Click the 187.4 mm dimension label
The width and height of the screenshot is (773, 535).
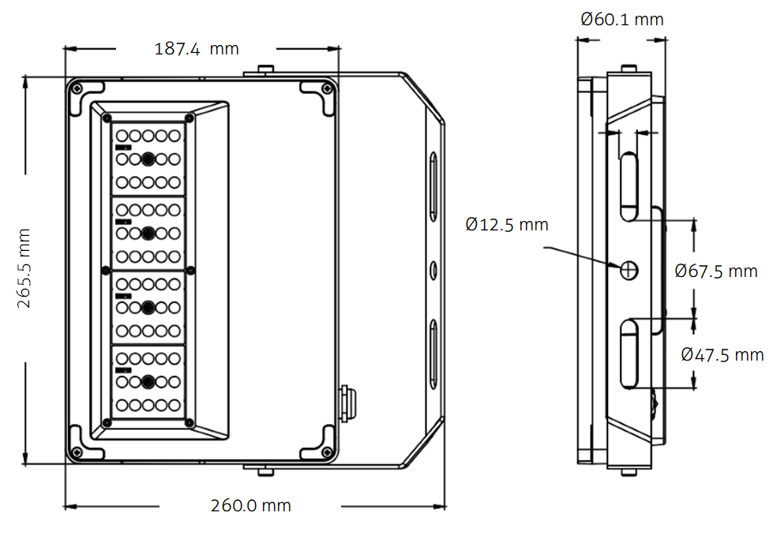pyautogui.click(x=196, y=49)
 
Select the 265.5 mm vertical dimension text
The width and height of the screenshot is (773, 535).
pyautogui.click(x=24, y=268)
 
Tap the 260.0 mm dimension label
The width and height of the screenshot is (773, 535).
pyautogui.click(x=250, y=506)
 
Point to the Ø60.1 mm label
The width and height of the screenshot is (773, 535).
pyautogui.click(x=622, y=19)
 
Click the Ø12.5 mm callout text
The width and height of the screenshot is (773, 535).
pyautogui.click(x=507, y=225)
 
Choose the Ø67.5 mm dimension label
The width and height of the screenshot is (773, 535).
pyautogui.click(x=716, y=271)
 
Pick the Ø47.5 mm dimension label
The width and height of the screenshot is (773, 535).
pyautogui.click(x=722, y=354)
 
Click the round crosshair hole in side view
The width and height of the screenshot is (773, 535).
pyautogui.click(x=629, y=270)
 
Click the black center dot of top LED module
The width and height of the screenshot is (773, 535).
pyautogui.click(x=148, y=159)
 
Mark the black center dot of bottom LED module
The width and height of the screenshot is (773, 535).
pyautogui.click(x=148, y=382)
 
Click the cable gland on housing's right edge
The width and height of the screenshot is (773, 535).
pyautogui.click(x=347, y=402)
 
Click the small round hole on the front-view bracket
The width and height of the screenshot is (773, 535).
pyautogui.click(x=433, y=270)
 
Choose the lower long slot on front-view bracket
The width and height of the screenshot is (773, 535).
pyautogui.click(x=433, y=352)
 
